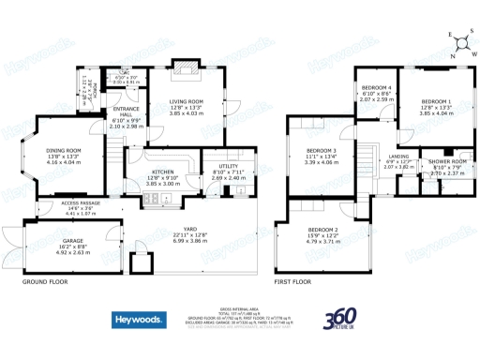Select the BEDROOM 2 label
tap(322, 230)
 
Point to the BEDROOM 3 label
tap(322, 150)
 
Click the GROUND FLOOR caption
tap(43, 280)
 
